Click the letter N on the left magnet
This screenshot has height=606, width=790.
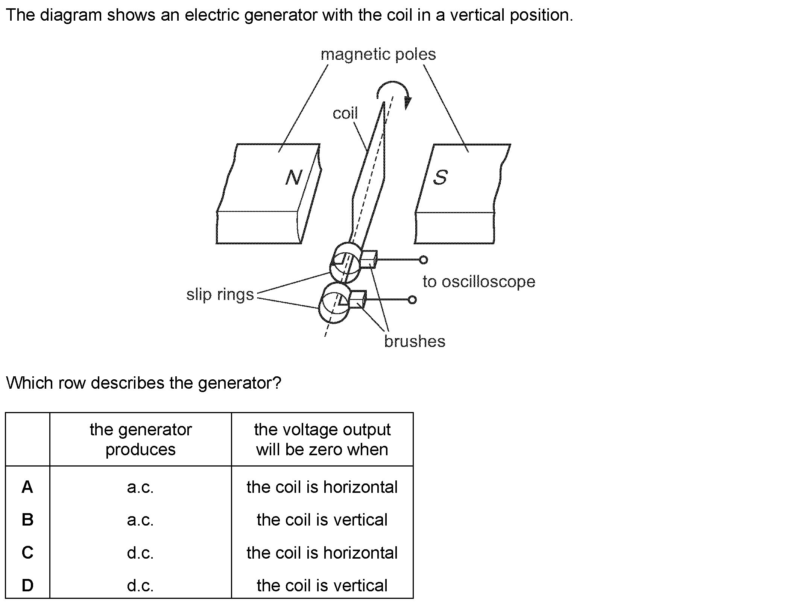coord(294,177)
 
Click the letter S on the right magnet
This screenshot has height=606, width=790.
coord(440,177)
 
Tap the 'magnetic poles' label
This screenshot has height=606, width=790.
coord(378,55)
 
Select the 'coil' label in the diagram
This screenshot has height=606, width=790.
coord(345,113)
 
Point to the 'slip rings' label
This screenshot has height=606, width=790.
coord(220,294)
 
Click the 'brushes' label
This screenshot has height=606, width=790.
coord(415,341)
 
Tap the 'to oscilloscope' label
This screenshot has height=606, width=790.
coord(479,282)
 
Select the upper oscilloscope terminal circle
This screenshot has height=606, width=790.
coord(423,259)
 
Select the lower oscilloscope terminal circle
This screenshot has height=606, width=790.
coord(412,300)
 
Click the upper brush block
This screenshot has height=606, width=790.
coord(368,259)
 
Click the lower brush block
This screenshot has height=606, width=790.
coord(357,299)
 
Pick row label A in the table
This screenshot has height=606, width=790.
coord(27,487)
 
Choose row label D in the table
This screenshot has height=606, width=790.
coord(27,585)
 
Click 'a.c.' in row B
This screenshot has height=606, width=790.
coord(140,520)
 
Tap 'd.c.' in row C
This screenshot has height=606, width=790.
coord(140,553)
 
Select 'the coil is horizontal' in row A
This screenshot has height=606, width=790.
coord(322,487)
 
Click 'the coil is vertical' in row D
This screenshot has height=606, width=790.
coord(322,585)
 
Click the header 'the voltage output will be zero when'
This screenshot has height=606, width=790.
coord(322,439)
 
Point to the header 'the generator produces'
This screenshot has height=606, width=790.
coord(140,439)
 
